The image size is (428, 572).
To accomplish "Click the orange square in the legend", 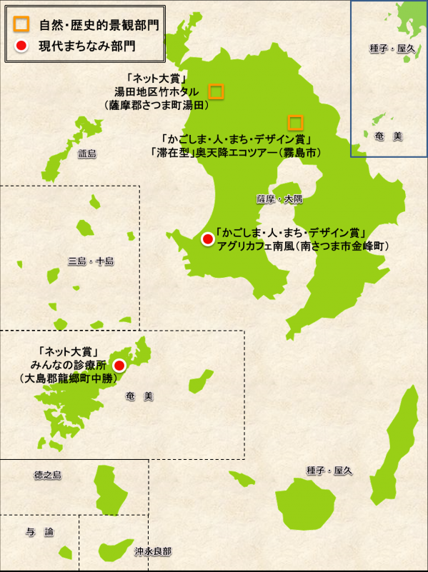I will (x=21, y=25).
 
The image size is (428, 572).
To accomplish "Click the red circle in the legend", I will (x=21, y=46).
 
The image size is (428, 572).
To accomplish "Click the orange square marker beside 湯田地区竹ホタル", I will (x=216, y=91).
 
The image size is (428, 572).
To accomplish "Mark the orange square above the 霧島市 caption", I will (x=295, y=122).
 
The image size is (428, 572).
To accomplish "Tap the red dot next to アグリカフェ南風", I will (x=206, y=239).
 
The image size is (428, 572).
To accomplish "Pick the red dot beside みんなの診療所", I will (x=119, y=366).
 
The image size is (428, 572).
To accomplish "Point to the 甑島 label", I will (x=86, y=154).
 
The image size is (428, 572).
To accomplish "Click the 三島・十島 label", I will (x=91, y=261).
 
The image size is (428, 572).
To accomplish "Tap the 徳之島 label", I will (x=48, y=475).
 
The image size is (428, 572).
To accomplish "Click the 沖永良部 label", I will (x=153, y=552).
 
